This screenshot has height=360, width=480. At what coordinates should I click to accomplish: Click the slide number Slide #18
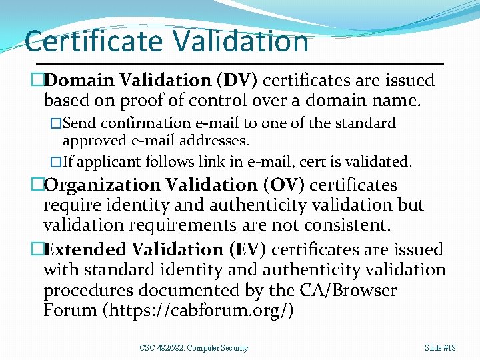pos(440,347)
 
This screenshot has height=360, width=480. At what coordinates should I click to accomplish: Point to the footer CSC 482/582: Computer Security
pos(194,347)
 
